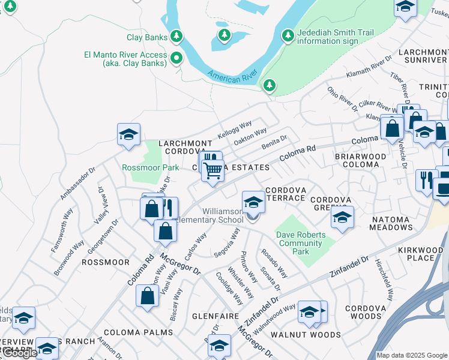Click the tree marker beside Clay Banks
[176, 37]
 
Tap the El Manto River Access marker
[176, 58]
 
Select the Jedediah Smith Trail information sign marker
[288, 37]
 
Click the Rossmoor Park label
[150, 167]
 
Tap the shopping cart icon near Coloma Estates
[212, 171]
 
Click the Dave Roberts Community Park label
[301, 243]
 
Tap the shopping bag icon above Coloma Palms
[148, 296]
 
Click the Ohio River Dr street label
[343, 99]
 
